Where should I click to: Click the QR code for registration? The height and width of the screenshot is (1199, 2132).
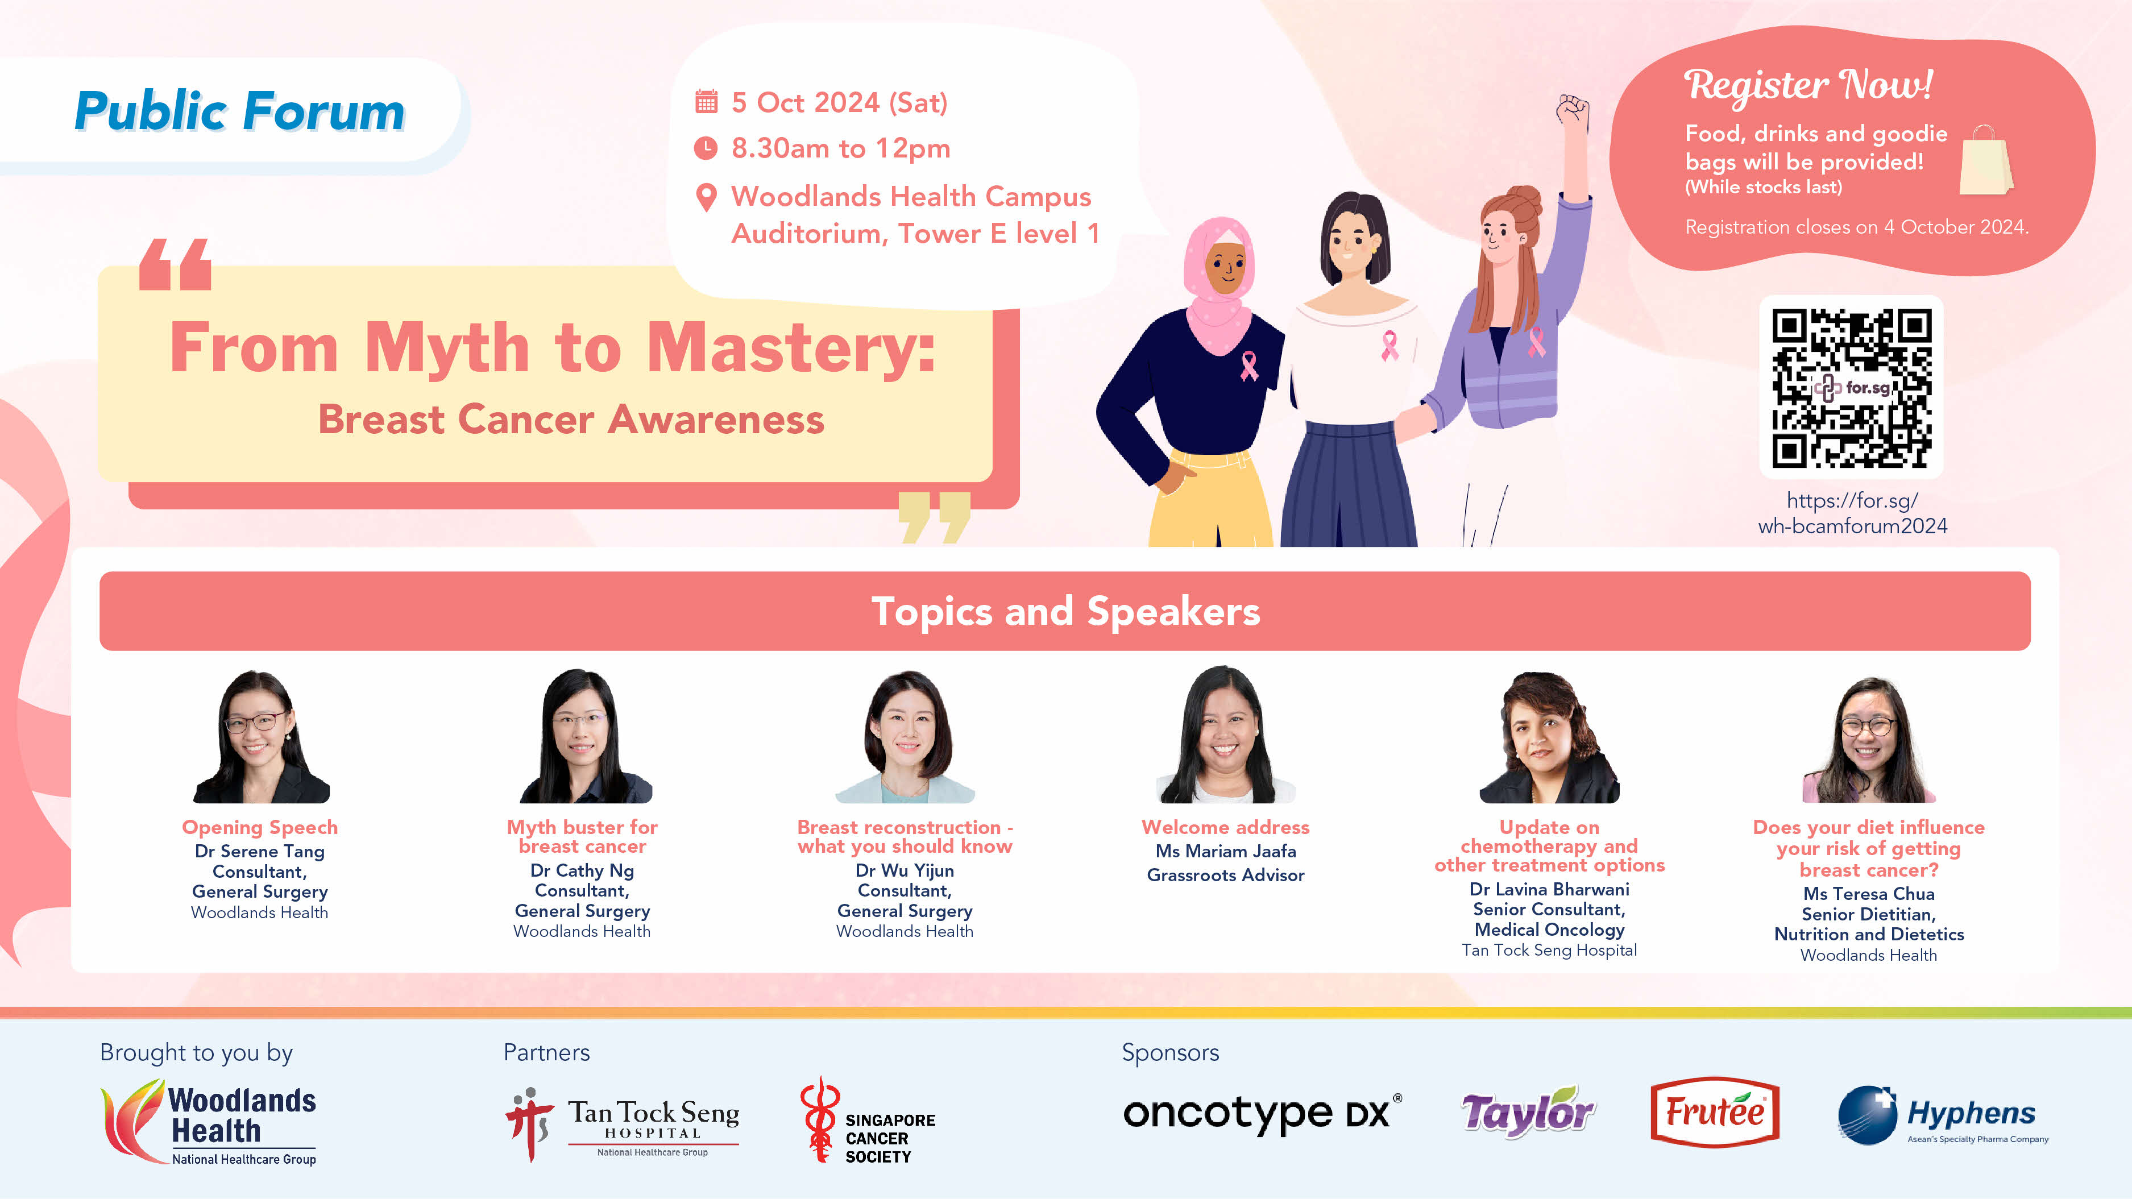tap(1852, 387)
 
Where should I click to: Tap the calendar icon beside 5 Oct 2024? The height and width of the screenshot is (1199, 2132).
tap(706, 102)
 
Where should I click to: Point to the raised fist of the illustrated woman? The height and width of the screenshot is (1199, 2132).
tap(1573, 113)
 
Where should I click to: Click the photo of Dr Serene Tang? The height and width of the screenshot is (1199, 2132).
tap(261, 736)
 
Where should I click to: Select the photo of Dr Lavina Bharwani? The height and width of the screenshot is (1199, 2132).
tap(1549, 736)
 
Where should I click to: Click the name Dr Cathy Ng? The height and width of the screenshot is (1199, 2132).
tap(582, 870)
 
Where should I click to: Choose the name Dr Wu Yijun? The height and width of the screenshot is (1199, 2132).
tap(905, 870)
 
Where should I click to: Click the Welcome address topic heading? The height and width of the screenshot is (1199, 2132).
tap(1225, 827)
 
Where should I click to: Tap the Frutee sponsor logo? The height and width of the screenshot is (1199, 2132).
tap(1715, 1112)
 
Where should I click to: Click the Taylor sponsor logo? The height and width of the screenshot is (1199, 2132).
tap(1528, 1111)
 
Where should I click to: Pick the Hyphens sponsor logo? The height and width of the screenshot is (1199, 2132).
tap(1943, 1115)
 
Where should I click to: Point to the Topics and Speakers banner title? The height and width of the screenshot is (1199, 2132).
tap(1065, 612)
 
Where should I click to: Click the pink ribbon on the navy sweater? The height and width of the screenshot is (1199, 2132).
tap(1248, 365)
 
